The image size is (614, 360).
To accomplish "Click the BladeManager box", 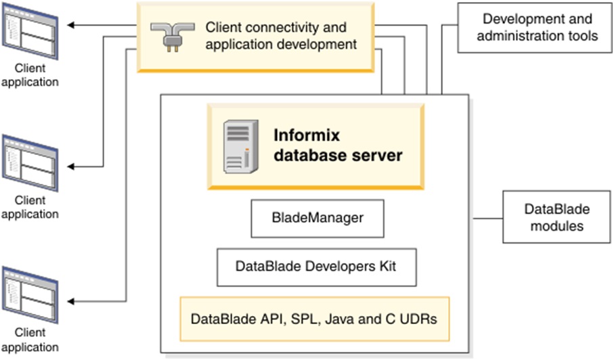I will click(317, 219).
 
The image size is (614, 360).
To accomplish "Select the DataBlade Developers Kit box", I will click(316, 267).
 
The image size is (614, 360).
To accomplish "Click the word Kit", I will click(387, 266).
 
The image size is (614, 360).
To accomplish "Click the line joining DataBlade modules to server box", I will click(485, 219).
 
